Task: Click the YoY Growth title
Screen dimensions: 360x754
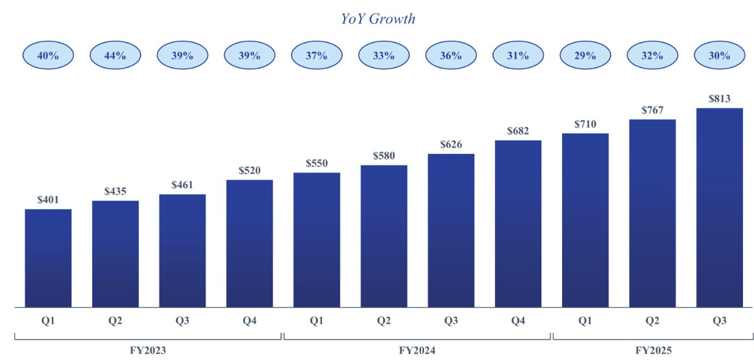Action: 378,19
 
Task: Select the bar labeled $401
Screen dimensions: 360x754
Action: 48,258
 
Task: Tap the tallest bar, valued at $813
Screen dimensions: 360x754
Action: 719,208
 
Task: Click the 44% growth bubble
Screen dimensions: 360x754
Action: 115,56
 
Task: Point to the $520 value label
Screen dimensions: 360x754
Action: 249,171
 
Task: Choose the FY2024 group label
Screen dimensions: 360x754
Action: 417,350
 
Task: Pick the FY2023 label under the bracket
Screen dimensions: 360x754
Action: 148,350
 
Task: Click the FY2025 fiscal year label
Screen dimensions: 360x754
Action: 653,350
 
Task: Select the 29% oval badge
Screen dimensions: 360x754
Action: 585,56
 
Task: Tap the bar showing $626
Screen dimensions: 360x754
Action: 451,230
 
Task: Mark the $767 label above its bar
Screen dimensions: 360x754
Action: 652,110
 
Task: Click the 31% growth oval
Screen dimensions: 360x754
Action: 518,56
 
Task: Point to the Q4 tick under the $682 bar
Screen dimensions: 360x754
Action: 518,321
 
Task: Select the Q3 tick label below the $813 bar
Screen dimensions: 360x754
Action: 719,321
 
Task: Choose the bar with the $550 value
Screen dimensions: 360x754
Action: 317,240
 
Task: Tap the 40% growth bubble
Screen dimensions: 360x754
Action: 48,56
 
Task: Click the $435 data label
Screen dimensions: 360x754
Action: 115,191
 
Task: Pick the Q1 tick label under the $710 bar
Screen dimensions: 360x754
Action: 585,321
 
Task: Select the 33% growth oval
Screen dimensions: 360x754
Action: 384,56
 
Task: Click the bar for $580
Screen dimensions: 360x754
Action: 384,236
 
